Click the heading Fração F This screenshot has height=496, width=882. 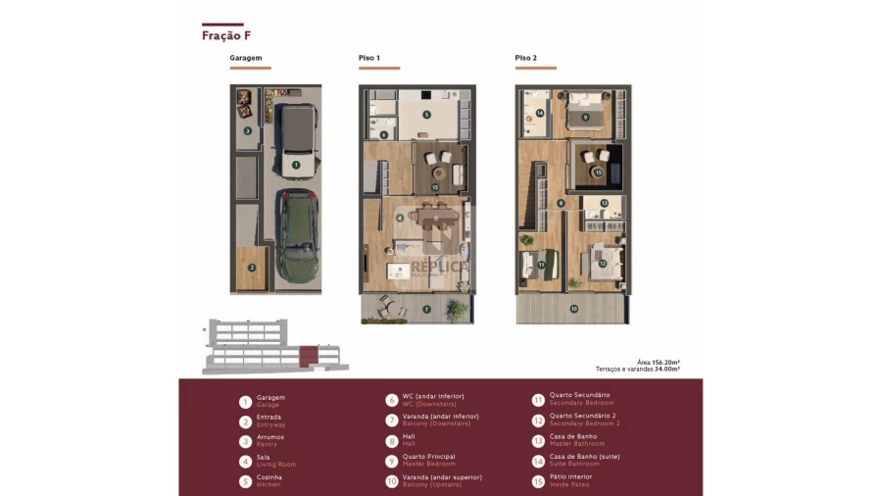[x=226, y=36]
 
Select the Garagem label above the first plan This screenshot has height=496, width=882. [x=246, y=58]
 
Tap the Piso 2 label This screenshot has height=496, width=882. [x=526, y=58]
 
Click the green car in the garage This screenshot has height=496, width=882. [x=295, y=233]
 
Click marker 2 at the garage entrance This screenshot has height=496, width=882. [x=252, y=267]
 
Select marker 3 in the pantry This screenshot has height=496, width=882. [x=247, y=130]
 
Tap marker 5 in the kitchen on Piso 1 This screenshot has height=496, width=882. [x=426, y=115]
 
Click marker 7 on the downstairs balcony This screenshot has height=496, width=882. [x=426, y=310]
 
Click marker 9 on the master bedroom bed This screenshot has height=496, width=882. [x=585, y=117]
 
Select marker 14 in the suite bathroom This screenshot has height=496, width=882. [x=539, y=113]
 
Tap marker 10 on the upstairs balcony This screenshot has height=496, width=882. [x=573, y=309]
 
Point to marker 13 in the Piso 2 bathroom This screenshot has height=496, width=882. [x=604, y=203]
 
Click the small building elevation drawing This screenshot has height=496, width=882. [x=265, y=347]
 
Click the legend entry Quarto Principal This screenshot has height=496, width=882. [x=428, y=457]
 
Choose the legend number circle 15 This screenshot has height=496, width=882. [x=538, y=481]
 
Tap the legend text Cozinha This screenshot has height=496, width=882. [x=269, y=477]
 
